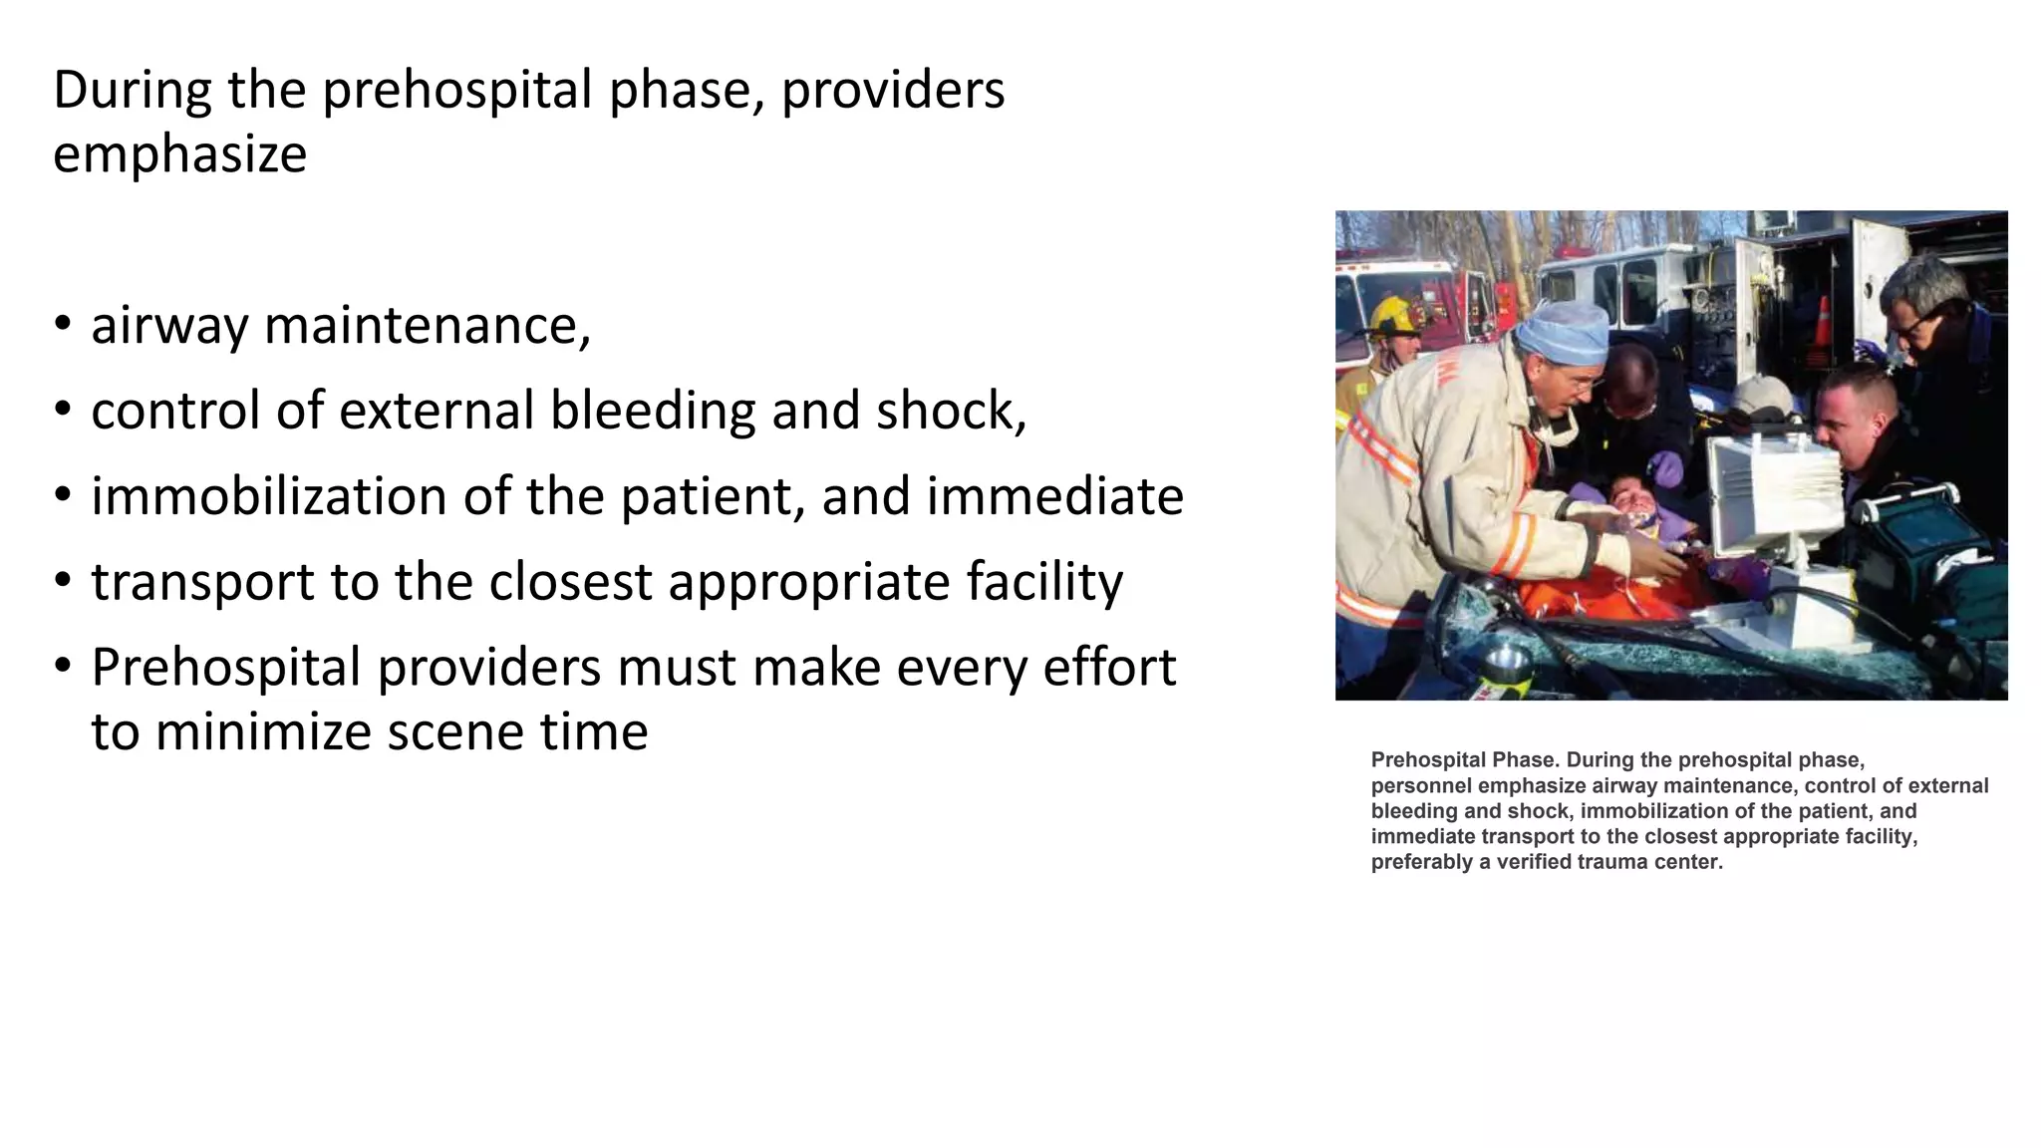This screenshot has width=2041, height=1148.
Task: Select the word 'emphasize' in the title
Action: [x=179, y=155]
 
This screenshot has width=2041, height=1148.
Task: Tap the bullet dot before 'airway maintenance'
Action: [x=63, y=325]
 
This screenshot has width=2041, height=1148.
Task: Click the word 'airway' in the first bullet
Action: [x=168, y=327]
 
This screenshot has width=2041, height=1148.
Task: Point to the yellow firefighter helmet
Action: [x=1395, y=317]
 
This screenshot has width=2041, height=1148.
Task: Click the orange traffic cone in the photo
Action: [x=1822, y=323]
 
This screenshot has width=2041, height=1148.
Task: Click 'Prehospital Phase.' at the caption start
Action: [x=1464, y=760]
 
